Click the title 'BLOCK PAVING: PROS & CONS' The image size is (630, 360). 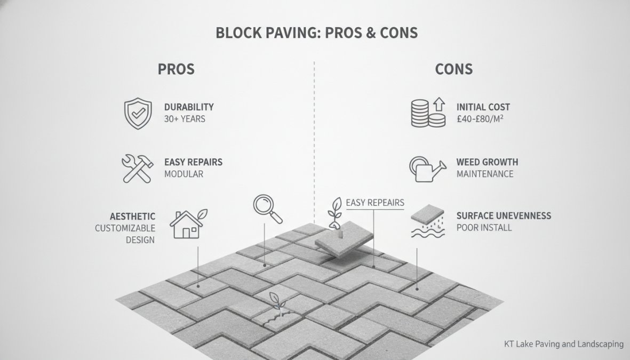317,33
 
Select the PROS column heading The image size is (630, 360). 176,69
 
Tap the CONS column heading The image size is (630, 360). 453,69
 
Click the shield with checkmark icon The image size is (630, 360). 138,113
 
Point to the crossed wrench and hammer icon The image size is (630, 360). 138,169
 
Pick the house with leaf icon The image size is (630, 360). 188,224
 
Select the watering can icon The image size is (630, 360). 427,169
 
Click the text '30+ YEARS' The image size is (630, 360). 185,119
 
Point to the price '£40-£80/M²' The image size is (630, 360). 480,119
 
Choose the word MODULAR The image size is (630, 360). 184,174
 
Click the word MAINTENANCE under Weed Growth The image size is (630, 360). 485,174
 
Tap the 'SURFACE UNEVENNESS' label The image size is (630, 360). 504,216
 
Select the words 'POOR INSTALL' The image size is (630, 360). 484,228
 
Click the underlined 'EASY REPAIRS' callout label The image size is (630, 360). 375,203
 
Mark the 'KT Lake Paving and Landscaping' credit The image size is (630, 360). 564,344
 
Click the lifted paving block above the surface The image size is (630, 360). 344,239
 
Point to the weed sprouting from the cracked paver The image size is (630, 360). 276,302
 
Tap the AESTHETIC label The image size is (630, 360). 133,217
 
